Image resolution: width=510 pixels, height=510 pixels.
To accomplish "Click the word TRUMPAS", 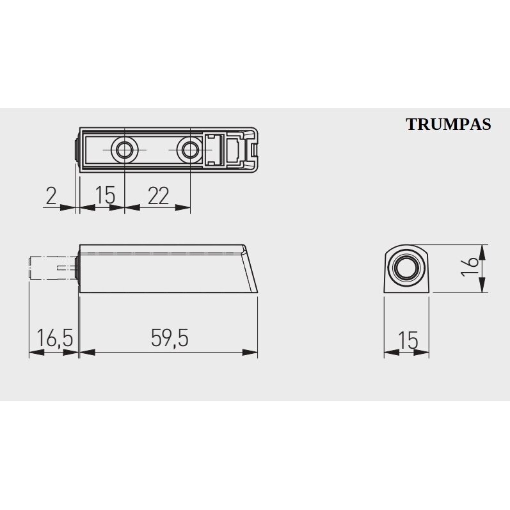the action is tap(449, 124).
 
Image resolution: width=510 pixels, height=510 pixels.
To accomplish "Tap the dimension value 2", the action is tap(51, 196).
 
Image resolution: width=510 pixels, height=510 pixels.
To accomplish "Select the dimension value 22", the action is tap(159, 196).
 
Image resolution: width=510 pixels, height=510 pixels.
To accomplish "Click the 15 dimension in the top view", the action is tap(106, 195).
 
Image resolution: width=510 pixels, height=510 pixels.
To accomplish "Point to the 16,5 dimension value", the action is tap(54, 338).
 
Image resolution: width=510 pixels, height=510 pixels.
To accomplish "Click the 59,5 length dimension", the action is tap(170, 338).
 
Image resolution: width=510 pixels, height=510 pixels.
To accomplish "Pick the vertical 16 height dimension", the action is tap(470, 266).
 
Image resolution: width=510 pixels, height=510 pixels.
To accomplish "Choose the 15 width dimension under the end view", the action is tap(408, 340).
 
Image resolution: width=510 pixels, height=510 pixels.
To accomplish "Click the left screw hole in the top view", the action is tap(124, 150).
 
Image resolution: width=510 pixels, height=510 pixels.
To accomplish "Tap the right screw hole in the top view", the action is tap(189, 150).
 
